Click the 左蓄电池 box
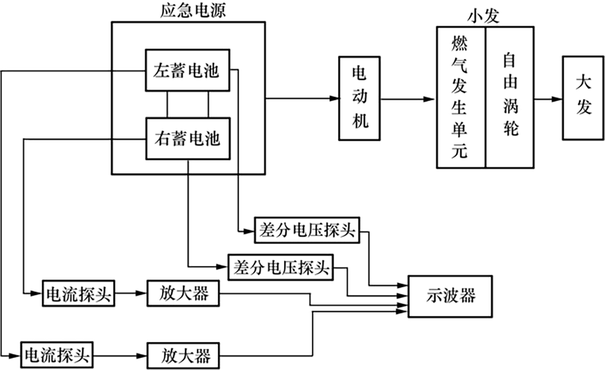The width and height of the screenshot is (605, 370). pyautogui.click(x=187, y=70)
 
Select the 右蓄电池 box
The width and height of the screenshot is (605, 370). pyautogui.click(x=187, y=138)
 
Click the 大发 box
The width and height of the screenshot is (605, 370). pyautogui.click(x=583, y=98)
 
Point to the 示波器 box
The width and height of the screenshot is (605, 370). pyautogui.click(x=450, y=296)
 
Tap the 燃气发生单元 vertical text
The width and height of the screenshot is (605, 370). pyautogui.click(x=460, y=98)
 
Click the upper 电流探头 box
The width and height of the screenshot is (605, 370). pyautogui.click(x=79, y=292)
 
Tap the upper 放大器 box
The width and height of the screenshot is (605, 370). pyautogui.click(x=184, y=292)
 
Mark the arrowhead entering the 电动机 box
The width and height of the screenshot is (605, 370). pyautogui.click(x=334, y=98)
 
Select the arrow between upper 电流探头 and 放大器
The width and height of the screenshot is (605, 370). pyautogui.click(x=131, y=292)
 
